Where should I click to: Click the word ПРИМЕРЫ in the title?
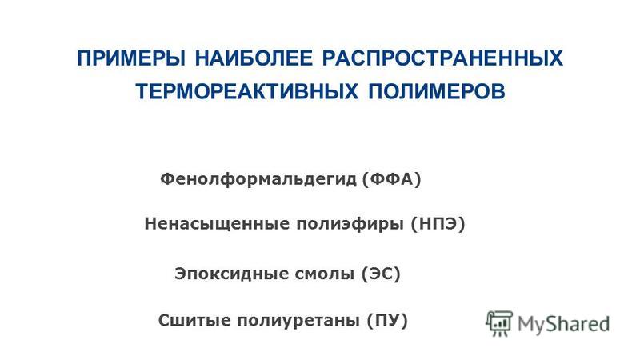tap(131, 58)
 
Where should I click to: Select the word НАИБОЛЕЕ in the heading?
tap(254, 58)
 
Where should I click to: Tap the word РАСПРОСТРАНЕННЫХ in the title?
tap(442, 58)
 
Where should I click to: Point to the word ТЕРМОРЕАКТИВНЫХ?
tap(246, 91)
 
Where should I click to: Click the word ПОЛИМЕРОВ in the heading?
tap(437, 91)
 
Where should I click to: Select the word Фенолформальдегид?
tap(258, 179)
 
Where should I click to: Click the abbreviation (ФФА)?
tap(391, 179)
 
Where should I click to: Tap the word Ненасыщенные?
tap(217, 224)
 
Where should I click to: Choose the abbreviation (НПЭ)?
tap(438, 224)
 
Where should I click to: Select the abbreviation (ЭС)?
tap(381, 274)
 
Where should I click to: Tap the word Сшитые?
tap(194, 321)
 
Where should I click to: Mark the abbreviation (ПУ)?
tap(387, 321)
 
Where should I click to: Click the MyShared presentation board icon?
tap(499, 323)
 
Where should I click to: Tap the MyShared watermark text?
tap(563, 323)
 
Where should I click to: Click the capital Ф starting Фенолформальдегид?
tap(167, 178)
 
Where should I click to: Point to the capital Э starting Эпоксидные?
tap(181, 274)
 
